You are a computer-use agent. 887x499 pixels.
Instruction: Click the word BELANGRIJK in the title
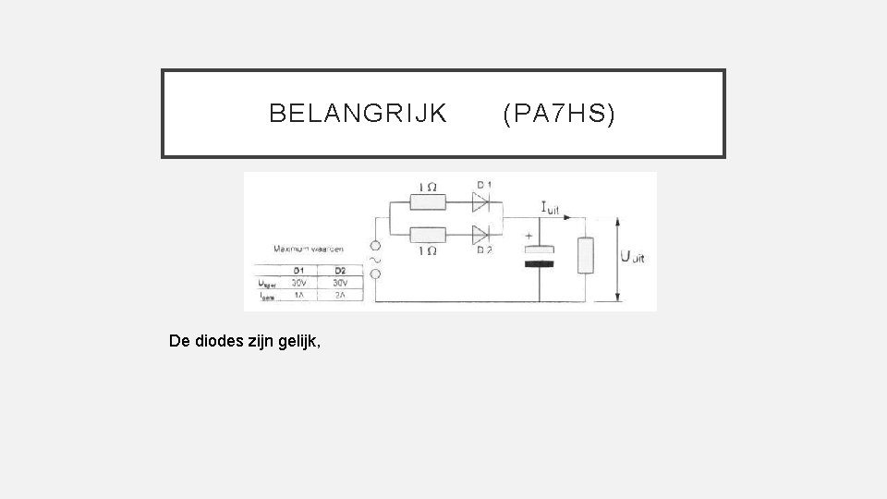pyautogui.click(x=358, y=114)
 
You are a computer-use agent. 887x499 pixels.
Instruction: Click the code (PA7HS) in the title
pyautogui.click(x=558, y=114)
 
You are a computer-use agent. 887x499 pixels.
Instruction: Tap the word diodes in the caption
pyautogui.click(x=227, y=340)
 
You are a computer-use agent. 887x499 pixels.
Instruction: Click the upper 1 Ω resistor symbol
pyautogui.click(x=427, y=201)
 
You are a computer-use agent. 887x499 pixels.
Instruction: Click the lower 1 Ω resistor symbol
pyautogui.click(x=427, y=235)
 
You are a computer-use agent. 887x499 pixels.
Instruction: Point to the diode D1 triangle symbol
pyautogui.click(x=480, y=201)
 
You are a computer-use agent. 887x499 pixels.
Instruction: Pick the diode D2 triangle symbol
pyautogui.click(x=480, y=235)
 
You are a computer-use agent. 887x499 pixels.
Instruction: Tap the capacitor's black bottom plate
pyautogui.click(x=541, y=263)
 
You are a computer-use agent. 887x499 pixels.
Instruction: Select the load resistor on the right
pyautogui.click(x=584, y=255)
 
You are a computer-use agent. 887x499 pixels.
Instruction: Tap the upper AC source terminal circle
pyautogui.click(x=375, y=247)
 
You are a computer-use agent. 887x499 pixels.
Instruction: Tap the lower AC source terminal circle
pyautogui.click(x=375, y=275)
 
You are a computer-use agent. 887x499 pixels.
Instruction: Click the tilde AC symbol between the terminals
pyautogui.click(x=375, y=261)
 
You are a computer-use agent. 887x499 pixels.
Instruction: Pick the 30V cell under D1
pyautogui.click(x=299, y=282)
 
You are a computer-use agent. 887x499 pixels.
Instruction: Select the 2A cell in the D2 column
pyautogui.click(x=341, y=295)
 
